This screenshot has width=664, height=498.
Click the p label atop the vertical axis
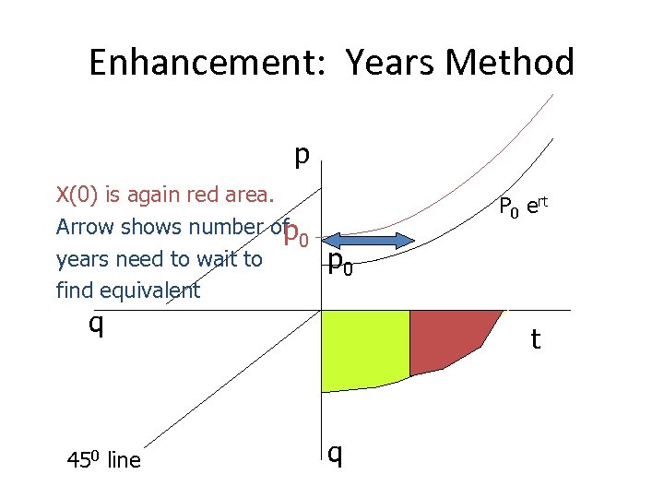(x=301, y=155)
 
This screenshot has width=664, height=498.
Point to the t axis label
(x=535, y=339)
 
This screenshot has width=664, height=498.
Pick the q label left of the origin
(x=94, y=324)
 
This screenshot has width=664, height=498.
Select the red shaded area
(x=446, y=338)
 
